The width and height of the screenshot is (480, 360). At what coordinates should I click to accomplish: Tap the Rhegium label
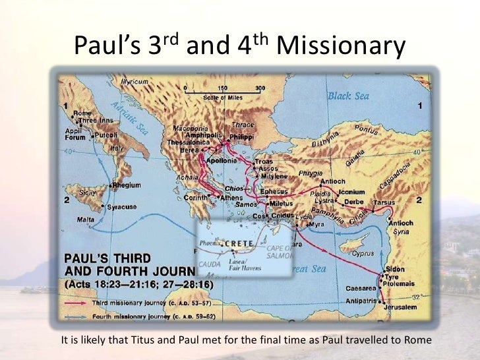pyautogui.click(x=127, y=186)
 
